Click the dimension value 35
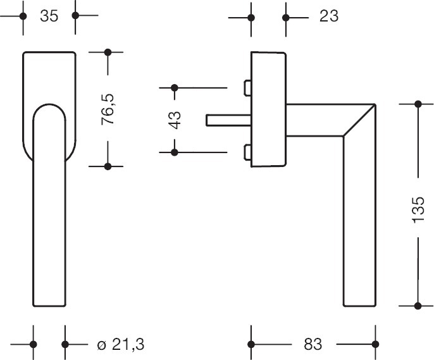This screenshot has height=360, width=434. [x=49, y=15]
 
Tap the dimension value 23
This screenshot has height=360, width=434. [x=328, y=16]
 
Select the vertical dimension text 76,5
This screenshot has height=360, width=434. [x=109, y=108]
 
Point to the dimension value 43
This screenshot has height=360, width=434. [x=176, y=120]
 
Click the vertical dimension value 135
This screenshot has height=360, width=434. [x=418, y=206]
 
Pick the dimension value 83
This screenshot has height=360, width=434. [x=313, y=345]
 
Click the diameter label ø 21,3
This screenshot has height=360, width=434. [x=121, y=345]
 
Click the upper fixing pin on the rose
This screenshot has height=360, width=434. [x=247, y=87]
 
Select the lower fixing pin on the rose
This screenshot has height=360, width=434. [x=247, y=152]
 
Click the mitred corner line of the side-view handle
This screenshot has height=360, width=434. [x=358, y=120]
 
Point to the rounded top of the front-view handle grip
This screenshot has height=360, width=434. [x=49, y=108]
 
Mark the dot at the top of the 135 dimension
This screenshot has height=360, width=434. [x=418, y=104]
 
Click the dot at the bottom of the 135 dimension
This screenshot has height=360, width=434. [x=418, y=306]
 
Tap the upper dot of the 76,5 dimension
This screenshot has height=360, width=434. [x=108, y=52]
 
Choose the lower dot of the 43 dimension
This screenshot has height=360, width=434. [x=176, y=152]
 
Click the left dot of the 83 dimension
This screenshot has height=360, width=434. [x=252, y=345]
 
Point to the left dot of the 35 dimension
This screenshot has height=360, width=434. [x=23, y=16]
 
